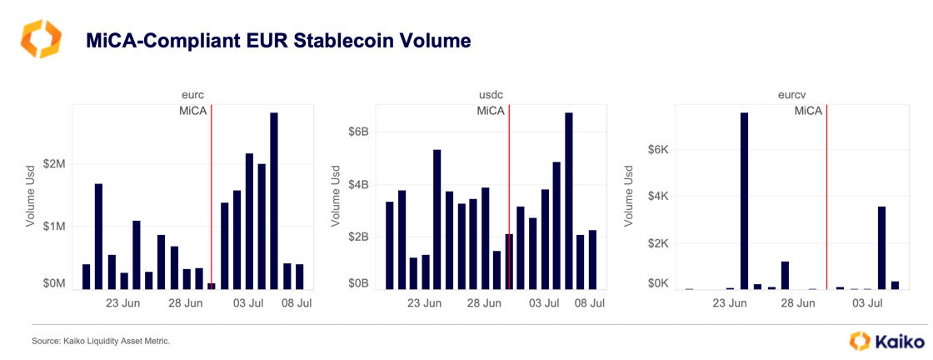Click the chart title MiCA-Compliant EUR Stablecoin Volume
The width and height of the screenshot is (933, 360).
pyautogui.click(x=278, y=40)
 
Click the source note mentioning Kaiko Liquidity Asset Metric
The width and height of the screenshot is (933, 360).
pyautogui.click(x=101, y=342)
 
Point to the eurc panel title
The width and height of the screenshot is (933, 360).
pyautogui.click(x=193, y=96)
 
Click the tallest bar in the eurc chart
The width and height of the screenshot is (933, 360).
pyautogui.click(x=274, y=201)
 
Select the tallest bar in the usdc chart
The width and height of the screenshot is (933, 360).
pyautogui.click(x=569, y=201)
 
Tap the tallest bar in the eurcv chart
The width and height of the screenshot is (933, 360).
pyautogui.click(x=744, y=201)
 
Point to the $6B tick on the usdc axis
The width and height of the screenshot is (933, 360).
pyautogui.click(x=358, y=132)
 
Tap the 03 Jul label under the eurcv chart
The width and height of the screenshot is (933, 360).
pyautogui.click(x=868, y=304)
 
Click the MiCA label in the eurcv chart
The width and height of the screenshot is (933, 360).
pyautogui.click(x=808, y=111)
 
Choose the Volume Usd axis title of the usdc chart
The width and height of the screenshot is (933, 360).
pyautogui.click(x=337, y=197)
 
